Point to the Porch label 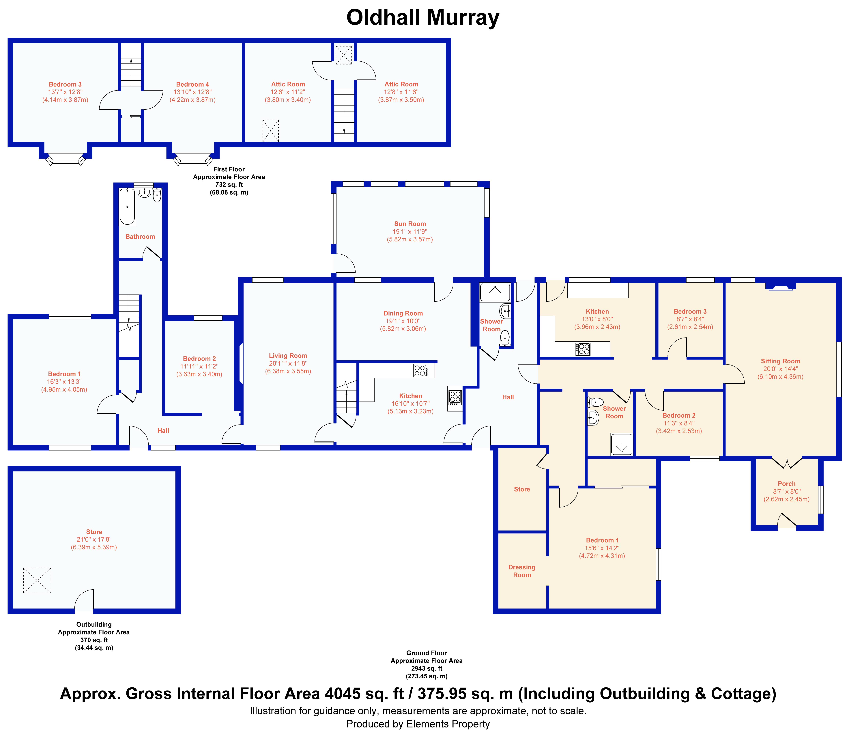(x=787, y=484)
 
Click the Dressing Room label (x=522, y=571)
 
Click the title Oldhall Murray (x=423, y=18)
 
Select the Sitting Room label (x=780, y=361)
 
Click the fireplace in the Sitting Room (x=781, y=286)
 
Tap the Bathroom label (x=140, y=236)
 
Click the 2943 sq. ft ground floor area (x=427, y=668)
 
